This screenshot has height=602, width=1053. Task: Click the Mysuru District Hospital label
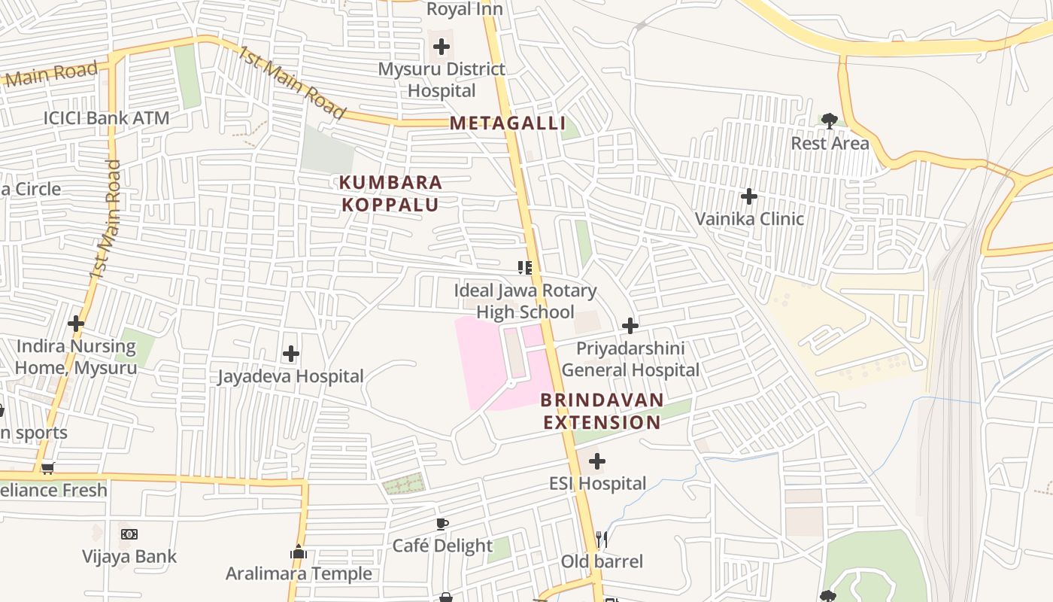pos(442,80)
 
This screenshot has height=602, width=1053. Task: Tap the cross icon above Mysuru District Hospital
pos(442,47)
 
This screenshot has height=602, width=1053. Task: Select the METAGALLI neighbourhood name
pos(508,123)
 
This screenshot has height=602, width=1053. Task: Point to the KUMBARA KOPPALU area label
pos(390,193)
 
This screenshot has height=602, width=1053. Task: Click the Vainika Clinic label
pos(749,219)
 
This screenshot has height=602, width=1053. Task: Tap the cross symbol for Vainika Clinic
pos(749,196)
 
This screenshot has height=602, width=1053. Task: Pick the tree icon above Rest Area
pos(830,120)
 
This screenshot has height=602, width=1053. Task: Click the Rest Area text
pos(830,143)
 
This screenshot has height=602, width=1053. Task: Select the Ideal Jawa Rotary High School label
pos(525,301)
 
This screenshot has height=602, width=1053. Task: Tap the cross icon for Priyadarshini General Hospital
pos(630,326)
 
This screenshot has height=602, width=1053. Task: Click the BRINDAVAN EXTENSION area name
pos(602,411)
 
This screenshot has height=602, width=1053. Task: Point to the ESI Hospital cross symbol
pos(597,461)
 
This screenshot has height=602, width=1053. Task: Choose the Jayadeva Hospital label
pos(291,376)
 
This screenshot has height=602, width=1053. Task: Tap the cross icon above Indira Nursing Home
pos(76,324)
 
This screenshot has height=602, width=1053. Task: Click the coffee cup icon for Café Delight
pos(442,524)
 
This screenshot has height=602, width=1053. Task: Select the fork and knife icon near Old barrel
pos(601,539)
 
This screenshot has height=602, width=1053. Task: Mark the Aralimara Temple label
pos(299,573)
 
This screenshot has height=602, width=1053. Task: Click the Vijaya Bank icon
pos(129,534)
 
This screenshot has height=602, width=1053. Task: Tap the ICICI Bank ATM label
pos(106,118)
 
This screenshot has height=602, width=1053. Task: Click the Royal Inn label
pos(465,9)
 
